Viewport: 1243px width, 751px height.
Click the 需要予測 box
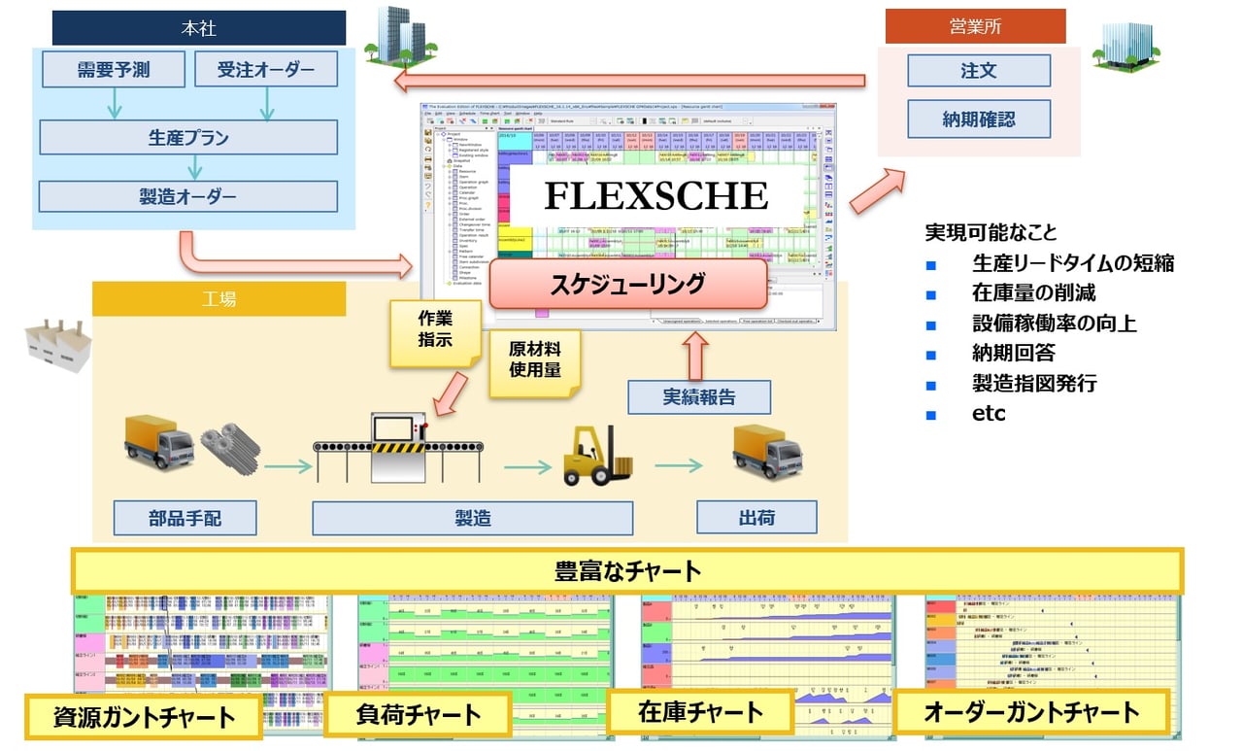(115, 69)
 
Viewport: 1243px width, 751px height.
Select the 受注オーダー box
(265, 69)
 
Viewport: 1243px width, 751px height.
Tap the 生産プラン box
(188, 137)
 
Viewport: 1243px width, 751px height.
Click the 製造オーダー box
(188, 196)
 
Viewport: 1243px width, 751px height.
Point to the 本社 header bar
(199, 28)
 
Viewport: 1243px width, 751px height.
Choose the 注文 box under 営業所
(978, 71)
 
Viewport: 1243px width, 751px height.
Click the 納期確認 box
(978, 120)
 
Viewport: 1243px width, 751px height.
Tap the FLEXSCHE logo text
(655, 195)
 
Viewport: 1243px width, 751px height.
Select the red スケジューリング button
(627, 284)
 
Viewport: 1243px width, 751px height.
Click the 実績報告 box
(698, 397)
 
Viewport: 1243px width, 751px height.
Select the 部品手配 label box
(185, 518)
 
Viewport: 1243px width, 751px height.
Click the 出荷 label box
(756, 518)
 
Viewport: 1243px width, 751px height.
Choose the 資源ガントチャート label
(143, 718)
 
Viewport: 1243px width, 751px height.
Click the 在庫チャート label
(700, 712)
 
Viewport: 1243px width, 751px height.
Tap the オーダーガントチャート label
(1030, 712)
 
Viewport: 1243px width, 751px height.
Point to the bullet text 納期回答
(1013, 352)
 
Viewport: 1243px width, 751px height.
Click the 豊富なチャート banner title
(626, 570)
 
